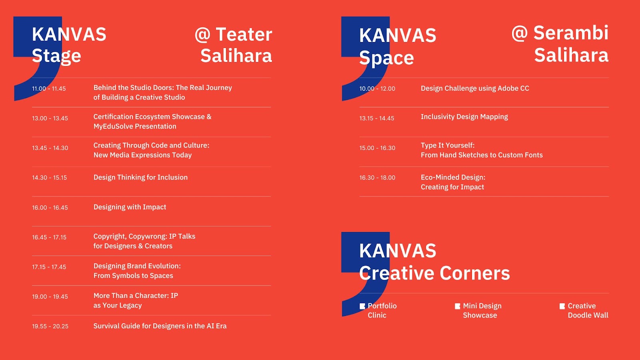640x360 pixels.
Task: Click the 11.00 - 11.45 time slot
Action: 49,88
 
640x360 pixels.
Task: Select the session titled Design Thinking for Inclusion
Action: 140,178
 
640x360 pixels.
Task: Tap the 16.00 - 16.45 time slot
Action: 50,208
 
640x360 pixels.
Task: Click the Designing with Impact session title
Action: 130,207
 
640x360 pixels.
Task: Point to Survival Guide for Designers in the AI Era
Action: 160,326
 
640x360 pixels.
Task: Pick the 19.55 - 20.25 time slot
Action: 50,326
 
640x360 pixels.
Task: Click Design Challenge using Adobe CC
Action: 475,88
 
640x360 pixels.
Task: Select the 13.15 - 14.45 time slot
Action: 377,118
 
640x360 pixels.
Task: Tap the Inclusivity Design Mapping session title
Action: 464,117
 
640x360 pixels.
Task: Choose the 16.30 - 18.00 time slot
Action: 378,178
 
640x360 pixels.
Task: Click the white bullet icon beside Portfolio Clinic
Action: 362,306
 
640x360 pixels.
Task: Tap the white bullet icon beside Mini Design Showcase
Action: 458,306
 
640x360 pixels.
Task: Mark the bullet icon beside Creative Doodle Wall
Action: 562,306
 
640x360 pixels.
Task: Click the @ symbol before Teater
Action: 202,35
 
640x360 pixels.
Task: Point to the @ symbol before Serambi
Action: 520,34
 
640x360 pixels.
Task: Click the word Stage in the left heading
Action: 56,56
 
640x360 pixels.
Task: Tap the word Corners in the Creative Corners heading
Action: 475,273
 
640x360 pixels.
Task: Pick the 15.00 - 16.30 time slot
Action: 378,148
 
